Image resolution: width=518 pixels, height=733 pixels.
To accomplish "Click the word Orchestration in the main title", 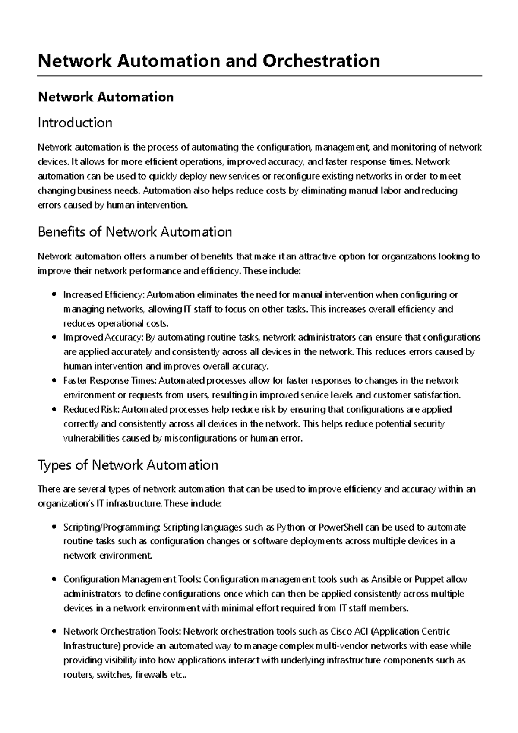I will pyautogui.click(x=321, y=61).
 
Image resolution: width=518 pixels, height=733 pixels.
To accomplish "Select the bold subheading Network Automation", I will pyautogui.click(x=106, y=97).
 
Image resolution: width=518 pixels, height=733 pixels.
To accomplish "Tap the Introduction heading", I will pyautogui.click(x=75, y=123).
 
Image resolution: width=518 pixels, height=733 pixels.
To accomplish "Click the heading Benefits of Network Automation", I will pyautogui.click(x=135, y=232).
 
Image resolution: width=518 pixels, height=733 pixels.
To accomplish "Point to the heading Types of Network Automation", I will pyautogui.click(x=128, y=465).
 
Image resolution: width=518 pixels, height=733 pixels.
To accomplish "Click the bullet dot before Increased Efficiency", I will pyautogui.click(x=53, y=295).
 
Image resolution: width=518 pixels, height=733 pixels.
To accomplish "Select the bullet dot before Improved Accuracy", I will pyautogui.click(x=53, y=338).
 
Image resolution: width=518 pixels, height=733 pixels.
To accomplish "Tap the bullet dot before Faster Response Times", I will pyautogui.click(x=53, y=381).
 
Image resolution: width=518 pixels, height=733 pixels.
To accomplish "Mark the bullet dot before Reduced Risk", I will pyautogui.click(x=53, y=410).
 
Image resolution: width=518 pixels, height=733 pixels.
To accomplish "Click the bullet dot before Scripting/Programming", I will pyautogui.click(x=53, y=528).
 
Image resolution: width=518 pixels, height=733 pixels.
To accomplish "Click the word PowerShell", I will pyautogui.click(x=341, y=528).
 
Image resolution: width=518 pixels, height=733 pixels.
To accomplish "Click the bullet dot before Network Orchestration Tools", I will pyautogui.click(x=53, y=632).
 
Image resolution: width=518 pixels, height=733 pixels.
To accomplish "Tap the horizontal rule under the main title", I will pyautogui.click(x=259, y=76).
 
